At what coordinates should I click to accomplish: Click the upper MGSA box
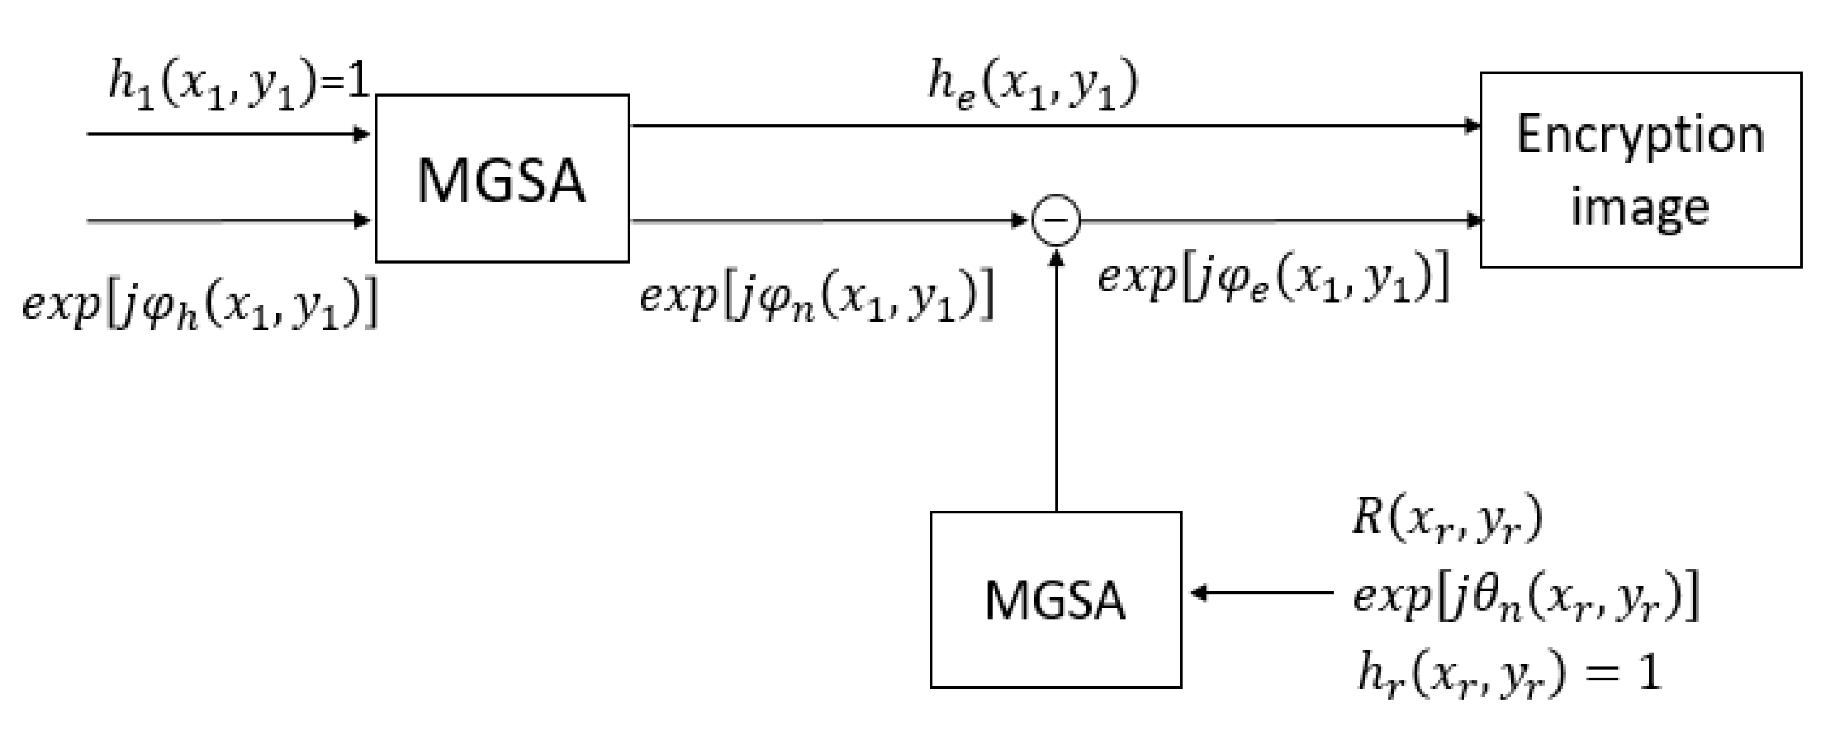(502, 178)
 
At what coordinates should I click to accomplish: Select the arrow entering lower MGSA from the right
(1262, 592)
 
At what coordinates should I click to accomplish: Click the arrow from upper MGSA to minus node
(827, 220)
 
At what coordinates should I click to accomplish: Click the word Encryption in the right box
(1640, 136)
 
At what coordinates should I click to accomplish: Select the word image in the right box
(1640, 207)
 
